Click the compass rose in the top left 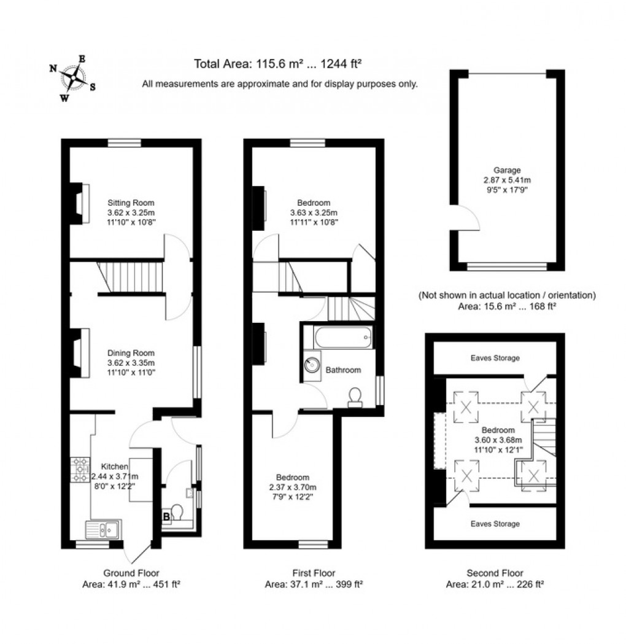coord(72,78)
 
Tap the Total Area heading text coord(277,63)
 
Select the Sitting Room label coord(131,203)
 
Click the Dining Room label coord(131,353)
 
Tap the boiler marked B coord(166,517)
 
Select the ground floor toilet coord(178,512)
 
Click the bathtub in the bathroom coord(338,336)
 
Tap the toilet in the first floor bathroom coord(355,397)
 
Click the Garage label coord(507,170)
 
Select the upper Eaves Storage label coord(495,358)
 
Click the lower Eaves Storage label coord(495,524)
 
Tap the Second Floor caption coord(495,573)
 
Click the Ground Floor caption coord(131,573)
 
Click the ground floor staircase coord(130,277)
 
